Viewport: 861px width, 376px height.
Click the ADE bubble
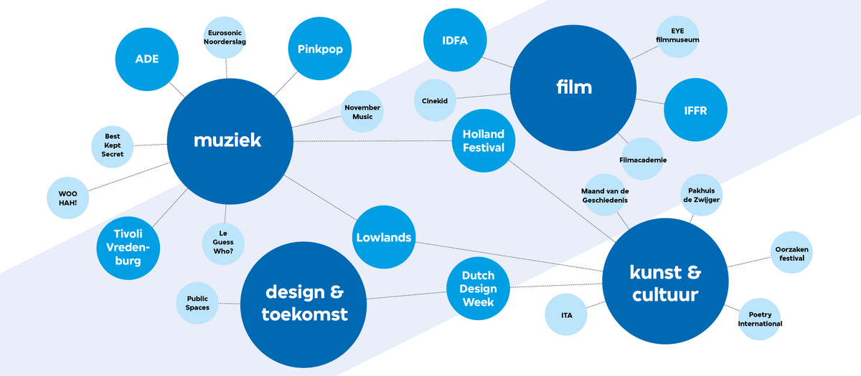pos(147,59)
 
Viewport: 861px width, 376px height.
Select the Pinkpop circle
pos(320,49)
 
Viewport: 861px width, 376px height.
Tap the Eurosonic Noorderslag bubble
pos(226,37)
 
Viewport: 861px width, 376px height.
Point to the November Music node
pos(362,112)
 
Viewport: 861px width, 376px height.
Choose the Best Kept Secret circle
pos(113,145)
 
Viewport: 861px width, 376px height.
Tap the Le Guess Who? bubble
pos(222,242)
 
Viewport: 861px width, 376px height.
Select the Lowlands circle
pos(384,237)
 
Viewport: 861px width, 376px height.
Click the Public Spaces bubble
pos(197,303)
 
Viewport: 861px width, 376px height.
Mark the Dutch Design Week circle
pos(479,289)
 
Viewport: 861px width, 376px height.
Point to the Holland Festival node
pos(484,141)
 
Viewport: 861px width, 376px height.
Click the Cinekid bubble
pos(435,101)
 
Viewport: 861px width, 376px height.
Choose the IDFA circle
pos(455,41)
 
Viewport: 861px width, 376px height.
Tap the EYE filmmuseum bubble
pos(677,36)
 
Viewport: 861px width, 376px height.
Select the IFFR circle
pos(695,110)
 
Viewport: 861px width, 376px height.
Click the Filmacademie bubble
pos(643,159)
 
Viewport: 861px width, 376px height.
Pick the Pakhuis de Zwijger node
pos(700,195)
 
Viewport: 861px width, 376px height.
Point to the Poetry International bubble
pos(759,319)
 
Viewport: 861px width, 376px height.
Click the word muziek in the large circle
pos(227,140)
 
